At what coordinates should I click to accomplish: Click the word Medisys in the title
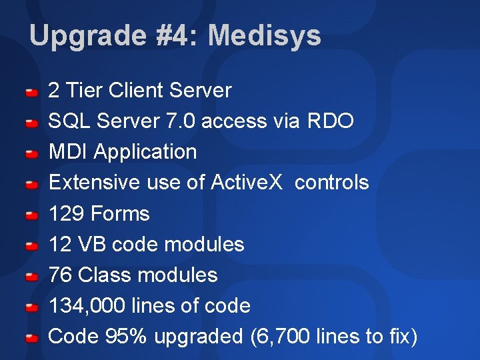(265, 36)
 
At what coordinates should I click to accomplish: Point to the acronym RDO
(331, 121)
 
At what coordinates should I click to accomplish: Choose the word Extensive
(92, 182)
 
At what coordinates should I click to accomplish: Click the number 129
(67, 213)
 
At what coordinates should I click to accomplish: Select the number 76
(61, 275)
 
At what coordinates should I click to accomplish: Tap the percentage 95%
(127, 337)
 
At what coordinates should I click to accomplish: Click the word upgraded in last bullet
(199, 337)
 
